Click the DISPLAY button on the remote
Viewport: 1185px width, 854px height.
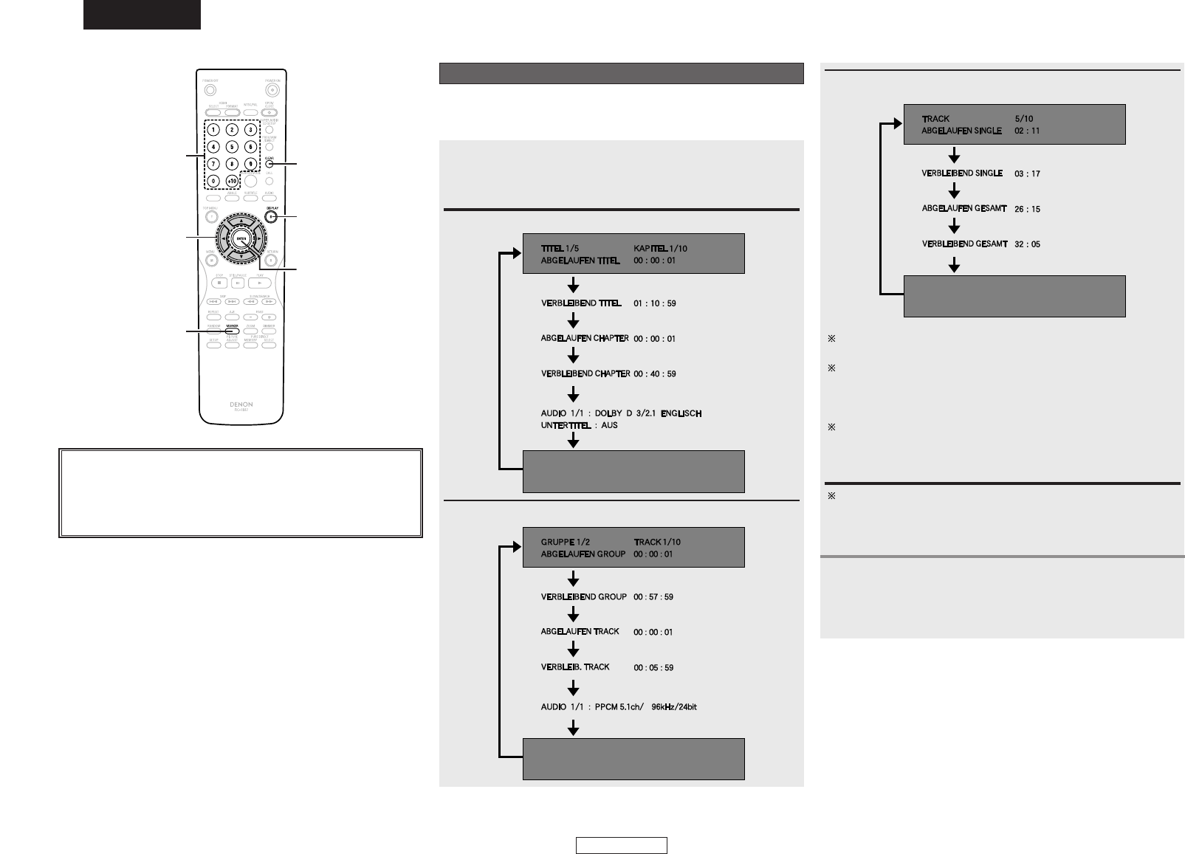(271, 216)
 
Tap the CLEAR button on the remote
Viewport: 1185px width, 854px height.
(270, 164)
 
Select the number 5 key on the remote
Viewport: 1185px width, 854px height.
(232, 146)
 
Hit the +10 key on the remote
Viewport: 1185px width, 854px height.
(232, 180)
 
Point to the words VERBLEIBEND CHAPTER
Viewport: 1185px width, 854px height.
(585, 373)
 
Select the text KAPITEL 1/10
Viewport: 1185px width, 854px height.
(660, 249)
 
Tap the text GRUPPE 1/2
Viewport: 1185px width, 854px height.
(566, 542)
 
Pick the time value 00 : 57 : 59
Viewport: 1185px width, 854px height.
(653, 596)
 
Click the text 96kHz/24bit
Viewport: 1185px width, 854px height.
(669, 707)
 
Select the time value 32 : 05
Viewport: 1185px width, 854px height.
(1028, 244)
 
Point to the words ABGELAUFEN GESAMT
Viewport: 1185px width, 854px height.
(964, 209)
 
